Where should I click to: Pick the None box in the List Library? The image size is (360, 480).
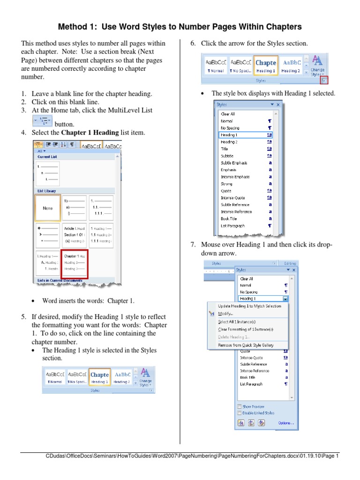pyautogui.click(x=48, y=208)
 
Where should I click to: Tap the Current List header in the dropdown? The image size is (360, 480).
pyautogui.click(x=47, y=157)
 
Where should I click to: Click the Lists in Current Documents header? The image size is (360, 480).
pyautogui.click(x=61, y=281)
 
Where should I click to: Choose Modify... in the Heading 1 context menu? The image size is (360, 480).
pyautogui.click(x=225, y=313)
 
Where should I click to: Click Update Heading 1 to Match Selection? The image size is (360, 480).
pyautogui.click(x=249, y=306)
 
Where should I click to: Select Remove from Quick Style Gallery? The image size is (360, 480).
pyautogui.click(x=246, y=345)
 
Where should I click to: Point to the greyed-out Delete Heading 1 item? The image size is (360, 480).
pyautogui.click(x=234, y=337)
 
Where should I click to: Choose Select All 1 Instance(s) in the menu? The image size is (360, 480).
pyautogui.click(x=237, y=322)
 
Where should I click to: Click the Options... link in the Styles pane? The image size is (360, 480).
pyautogui.click(x=285, y=423)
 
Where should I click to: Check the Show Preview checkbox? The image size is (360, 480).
pyautogui.click(x=240, y=406)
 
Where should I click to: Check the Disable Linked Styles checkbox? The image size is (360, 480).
pyautogui.click(x=240, y=413)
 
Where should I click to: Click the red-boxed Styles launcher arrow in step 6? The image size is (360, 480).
pyautogui.click(x=324, y=80)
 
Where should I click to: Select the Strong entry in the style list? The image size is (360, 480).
pyautogui.click(x=226, y=184)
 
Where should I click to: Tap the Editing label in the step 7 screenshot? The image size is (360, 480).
pyautogui.click(x=290, y=263)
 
